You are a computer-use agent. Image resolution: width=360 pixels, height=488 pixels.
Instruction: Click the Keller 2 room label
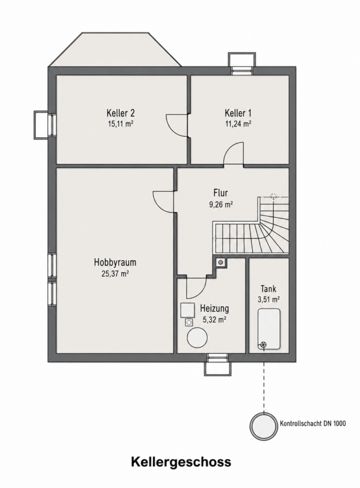(120, 112)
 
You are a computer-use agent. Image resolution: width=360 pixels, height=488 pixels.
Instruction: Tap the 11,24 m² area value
(239, 124)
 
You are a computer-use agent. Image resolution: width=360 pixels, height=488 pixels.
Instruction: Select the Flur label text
(221, 192)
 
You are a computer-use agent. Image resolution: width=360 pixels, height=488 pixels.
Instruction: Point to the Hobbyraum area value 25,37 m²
(115, 274)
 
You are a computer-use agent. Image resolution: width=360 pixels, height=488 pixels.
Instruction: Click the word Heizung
(214, 309)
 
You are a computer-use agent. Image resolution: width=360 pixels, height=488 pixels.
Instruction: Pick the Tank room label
(268, 289)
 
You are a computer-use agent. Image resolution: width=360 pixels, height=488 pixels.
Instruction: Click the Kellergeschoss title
(181, 462)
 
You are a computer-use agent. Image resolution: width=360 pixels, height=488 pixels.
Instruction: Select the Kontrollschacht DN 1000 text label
(313, 423)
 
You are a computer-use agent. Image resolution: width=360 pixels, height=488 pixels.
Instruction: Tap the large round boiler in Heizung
(197, 338)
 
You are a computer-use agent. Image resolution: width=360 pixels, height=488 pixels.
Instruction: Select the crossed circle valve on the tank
(263, 344)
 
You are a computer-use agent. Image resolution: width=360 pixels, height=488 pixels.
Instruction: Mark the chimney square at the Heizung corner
(221, 262)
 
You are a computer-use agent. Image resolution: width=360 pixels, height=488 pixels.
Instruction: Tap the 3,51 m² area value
(268, 300)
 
